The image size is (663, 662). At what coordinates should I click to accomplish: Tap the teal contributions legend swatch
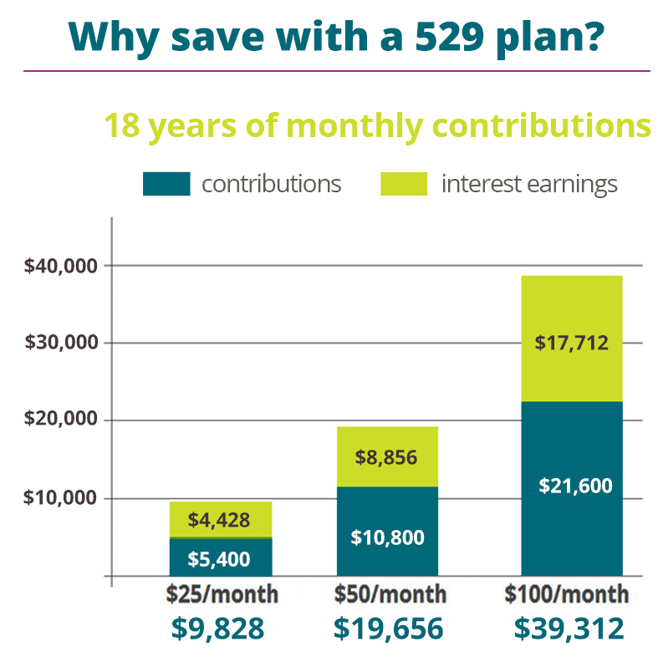click(166, 184)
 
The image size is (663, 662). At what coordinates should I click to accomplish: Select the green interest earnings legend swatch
click(404, 184)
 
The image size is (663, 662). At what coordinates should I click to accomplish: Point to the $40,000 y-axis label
click(62, 266)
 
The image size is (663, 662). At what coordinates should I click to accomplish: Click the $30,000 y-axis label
click(62, 343)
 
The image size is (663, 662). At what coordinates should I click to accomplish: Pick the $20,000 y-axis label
click(62, 420)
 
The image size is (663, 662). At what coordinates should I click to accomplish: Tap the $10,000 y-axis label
click(62, 498)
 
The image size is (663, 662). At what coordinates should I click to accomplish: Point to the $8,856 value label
click(386, 457)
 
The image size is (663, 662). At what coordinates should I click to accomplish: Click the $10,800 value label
click(386, 536)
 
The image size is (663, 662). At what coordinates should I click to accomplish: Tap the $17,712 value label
click(572, 341)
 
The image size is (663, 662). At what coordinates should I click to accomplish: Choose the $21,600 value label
click(572, 485)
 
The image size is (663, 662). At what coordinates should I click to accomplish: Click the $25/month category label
click(222, 594)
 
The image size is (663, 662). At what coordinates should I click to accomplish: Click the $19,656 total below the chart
click(389, 628)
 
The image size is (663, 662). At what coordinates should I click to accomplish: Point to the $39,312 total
click(569, 628)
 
